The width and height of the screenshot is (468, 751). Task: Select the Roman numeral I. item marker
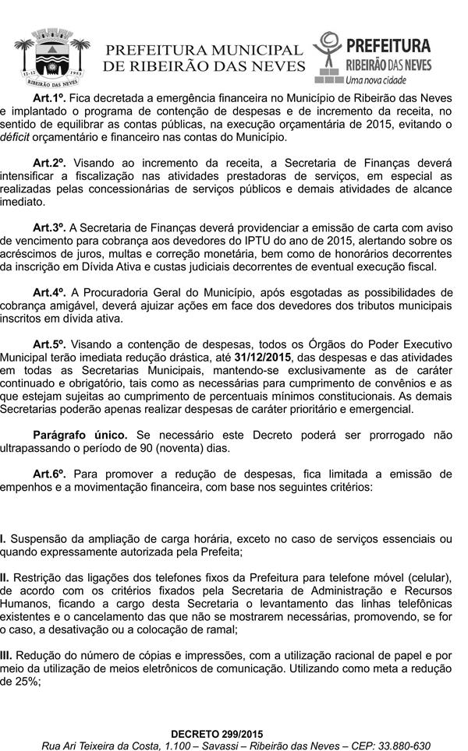[x=3, y=538]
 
